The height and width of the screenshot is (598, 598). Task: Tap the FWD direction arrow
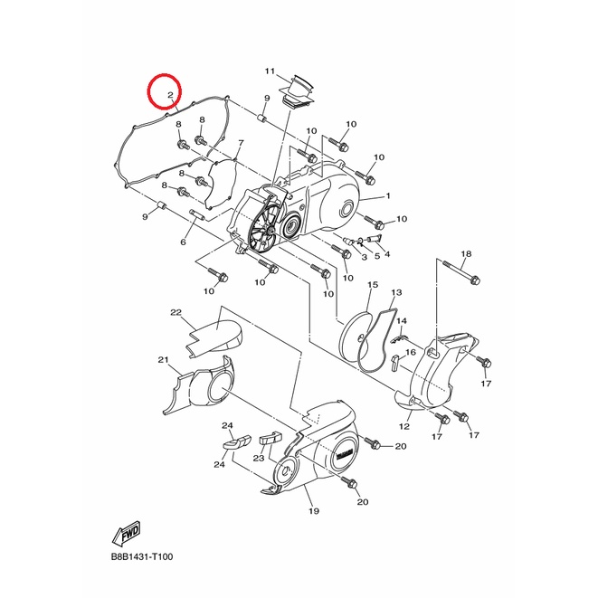(x=127, y=532)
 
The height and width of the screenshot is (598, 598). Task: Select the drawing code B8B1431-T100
(x=142, y=556)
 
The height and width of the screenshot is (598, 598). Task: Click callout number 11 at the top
(x=270, y=71)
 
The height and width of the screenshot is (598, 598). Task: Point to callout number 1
(x=388, y=196)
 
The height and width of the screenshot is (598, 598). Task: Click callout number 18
(x=466, y=253)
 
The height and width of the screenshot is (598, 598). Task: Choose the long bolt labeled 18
(x=460, y=272)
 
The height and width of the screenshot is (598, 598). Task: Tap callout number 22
(x=176, y=312)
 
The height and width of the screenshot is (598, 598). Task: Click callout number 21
(x=163, y=360)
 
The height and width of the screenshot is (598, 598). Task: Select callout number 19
(x=314, y=510)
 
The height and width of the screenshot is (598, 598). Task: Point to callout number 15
(x=373, y=284)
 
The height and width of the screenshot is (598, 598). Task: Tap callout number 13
(x=396, y=292)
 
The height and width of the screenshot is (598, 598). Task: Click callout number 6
(x=183, y=242)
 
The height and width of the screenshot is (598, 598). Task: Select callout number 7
(x=241, y=143)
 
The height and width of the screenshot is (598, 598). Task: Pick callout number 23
(x=259, y=457)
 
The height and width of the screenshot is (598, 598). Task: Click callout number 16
(x=411, y=352)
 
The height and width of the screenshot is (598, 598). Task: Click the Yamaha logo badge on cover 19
(x=346, y=455)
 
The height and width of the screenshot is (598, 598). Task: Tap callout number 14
(x=402, y=321)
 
